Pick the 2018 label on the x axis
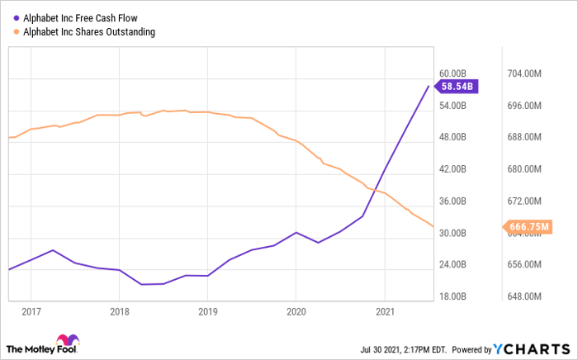pos(119,312)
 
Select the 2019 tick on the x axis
pos(207,312)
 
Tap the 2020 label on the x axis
pos(296,312)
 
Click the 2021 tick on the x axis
pos(384,312)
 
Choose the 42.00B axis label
pos(455,169)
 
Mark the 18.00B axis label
pos(455,296)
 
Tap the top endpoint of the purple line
pos(429,86)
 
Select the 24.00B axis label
pos(455,264)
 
